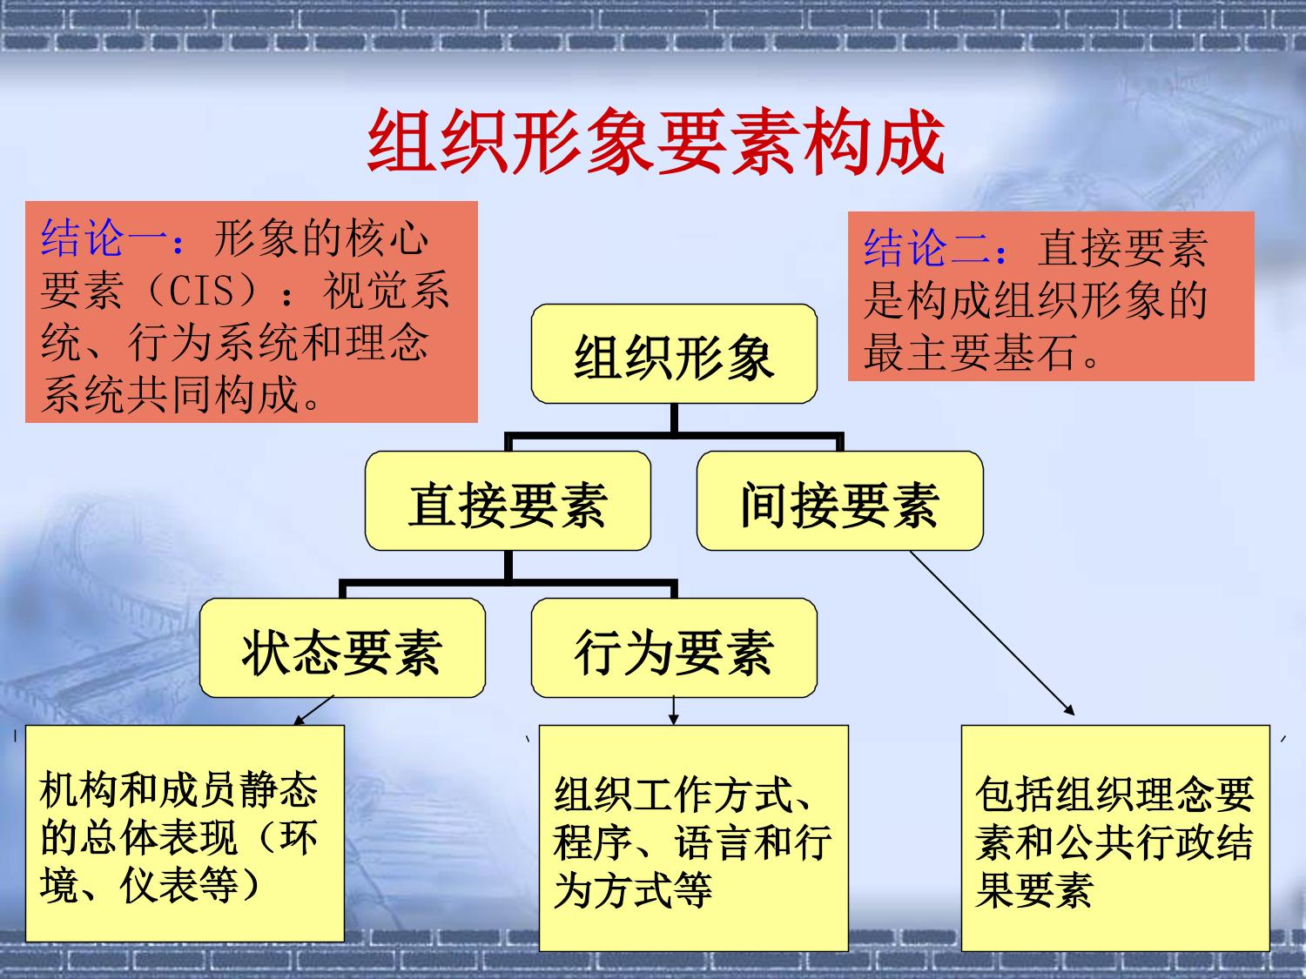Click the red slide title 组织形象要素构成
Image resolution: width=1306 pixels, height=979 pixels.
[656, 142]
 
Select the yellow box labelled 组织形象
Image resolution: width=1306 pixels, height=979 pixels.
[674, 353]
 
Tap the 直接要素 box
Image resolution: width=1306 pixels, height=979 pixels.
[508, 500]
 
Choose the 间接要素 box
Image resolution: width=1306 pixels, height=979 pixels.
[840, 500]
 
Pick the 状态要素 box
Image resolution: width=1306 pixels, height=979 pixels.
[342, 647]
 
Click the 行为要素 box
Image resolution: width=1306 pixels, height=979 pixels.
[674, 647]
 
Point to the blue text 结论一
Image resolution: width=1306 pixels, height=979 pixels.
[104, 238]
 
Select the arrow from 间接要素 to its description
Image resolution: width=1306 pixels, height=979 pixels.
[992, 633]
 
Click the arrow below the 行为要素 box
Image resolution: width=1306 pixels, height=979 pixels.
[674, 710]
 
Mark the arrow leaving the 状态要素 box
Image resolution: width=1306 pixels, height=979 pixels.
[313, 710]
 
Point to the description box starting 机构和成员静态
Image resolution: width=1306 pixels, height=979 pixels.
[185, 834]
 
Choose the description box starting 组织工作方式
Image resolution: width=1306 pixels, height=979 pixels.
[694, 838]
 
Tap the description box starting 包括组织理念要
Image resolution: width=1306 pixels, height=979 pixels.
[1115, 838]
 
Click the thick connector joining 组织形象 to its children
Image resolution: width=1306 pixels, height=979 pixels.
[674, 428]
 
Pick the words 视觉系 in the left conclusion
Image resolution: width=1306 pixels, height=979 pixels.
[387, 291]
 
